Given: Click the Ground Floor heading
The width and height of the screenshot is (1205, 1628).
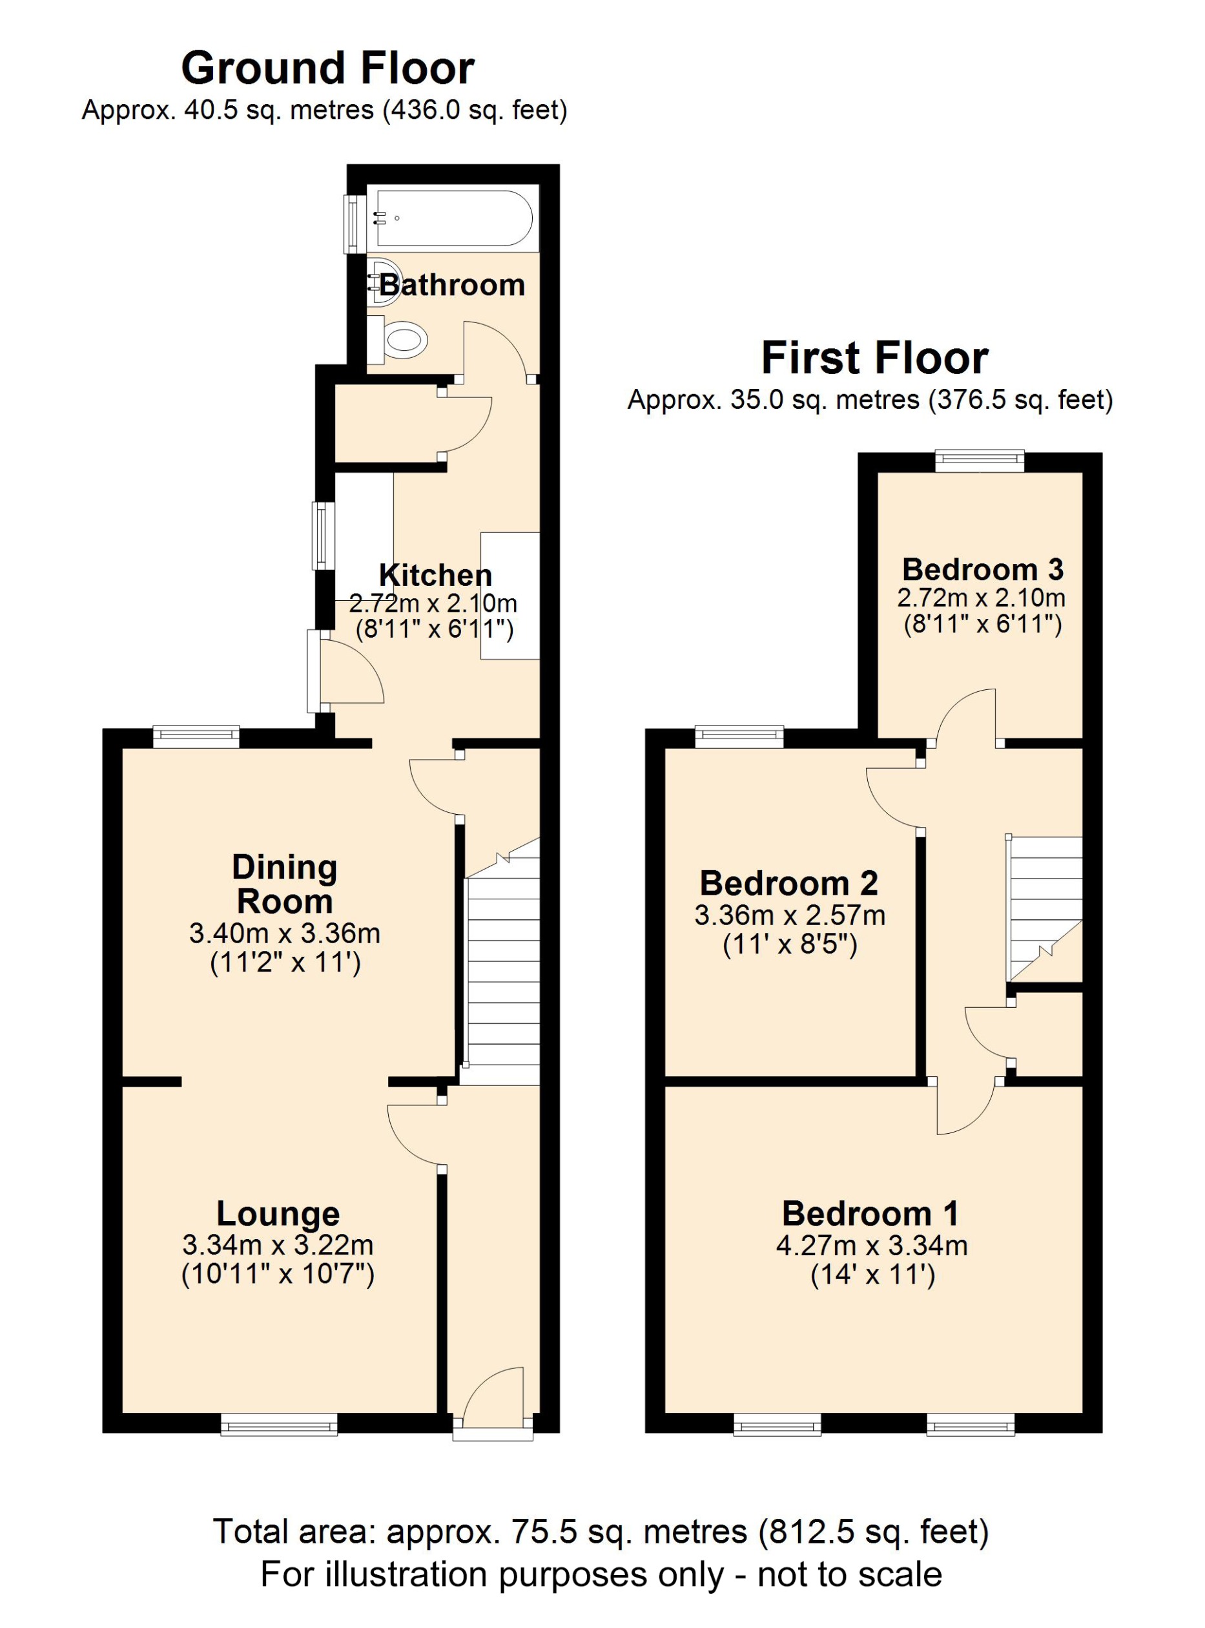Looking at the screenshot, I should coord(327,68).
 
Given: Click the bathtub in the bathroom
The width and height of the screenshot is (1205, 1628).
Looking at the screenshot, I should coord(454,218).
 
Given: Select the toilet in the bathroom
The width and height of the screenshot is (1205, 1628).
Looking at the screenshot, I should coord(400,340).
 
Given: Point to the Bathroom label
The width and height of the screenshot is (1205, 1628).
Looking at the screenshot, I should coord(451,286).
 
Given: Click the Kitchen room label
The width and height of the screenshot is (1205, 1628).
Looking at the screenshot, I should coord(435,576).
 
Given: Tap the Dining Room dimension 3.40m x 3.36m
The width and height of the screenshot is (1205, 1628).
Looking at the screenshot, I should coord(285,934).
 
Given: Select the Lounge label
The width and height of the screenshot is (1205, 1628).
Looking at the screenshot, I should coord(278,1213).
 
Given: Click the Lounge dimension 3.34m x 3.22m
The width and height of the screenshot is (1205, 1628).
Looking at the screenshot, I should coord(278,1244).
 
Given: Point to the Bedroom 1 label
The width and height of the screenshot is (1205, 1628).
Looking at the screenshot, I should coord(870,1213).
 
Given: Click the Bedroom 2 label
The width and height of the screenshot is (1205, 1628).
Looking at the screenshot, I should coord(788,884).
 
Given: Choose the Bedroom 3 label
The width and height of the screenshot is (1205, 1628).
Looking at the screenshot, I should coord(982,569).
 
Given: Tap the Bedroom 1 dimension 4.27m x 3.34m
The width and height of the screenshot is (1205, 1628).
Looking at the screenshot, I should coord(872,1245).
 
